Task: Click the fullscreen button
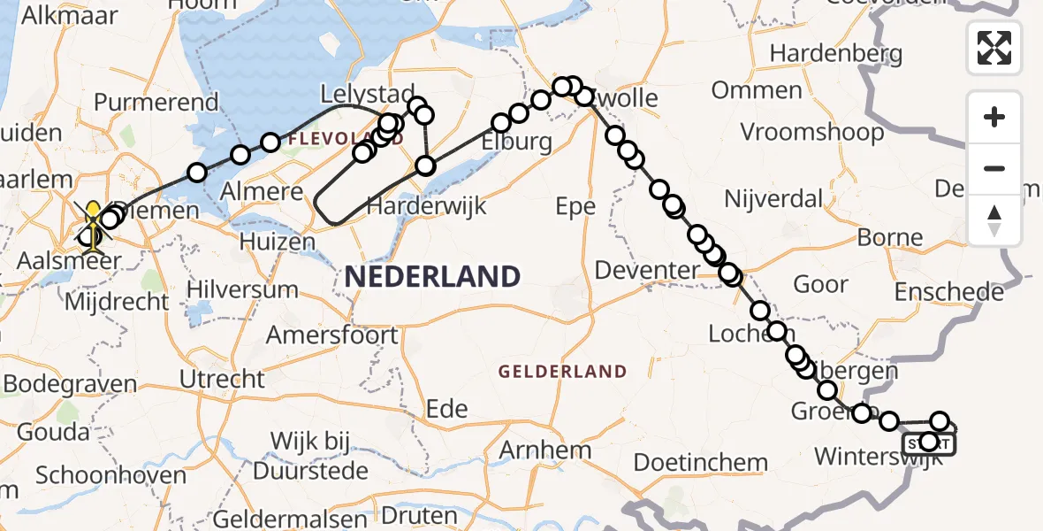click(994, 47)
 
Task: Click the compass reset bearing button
click(994, 221)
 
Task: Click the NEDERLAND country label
click(432, 277)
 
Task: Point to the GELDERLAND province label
click(562, 372)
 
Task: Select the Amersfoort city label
click(332, 335)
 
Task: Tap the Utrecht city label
click(222, 380)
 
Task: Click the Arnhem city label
click(545, 450)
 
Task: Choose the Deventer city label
click(648, 270)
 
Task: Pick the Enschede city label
click(948, 292)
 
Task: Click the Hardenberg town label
click(835, 54)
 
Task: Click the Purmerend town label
click(156, 102)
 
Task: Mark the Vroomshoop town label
click(812, 133)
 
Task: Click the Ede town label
click(447, 410)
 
